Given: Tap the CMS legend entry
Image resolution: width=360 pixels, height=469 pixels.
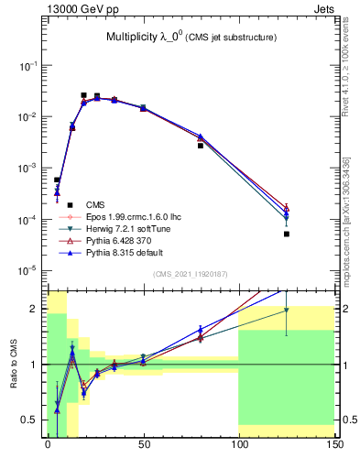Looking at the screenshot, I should point(95,204).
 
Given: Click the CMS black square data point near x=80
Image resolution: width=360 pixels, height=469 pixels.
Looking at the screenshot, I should point(201,146).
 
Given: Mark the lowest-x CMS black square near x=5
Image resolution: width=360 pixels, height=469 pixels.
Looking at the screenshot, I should point(57,180).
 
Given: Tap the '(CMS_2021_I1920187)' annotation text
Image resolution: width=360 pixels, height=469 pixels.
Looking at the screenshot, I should point(190,274).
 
